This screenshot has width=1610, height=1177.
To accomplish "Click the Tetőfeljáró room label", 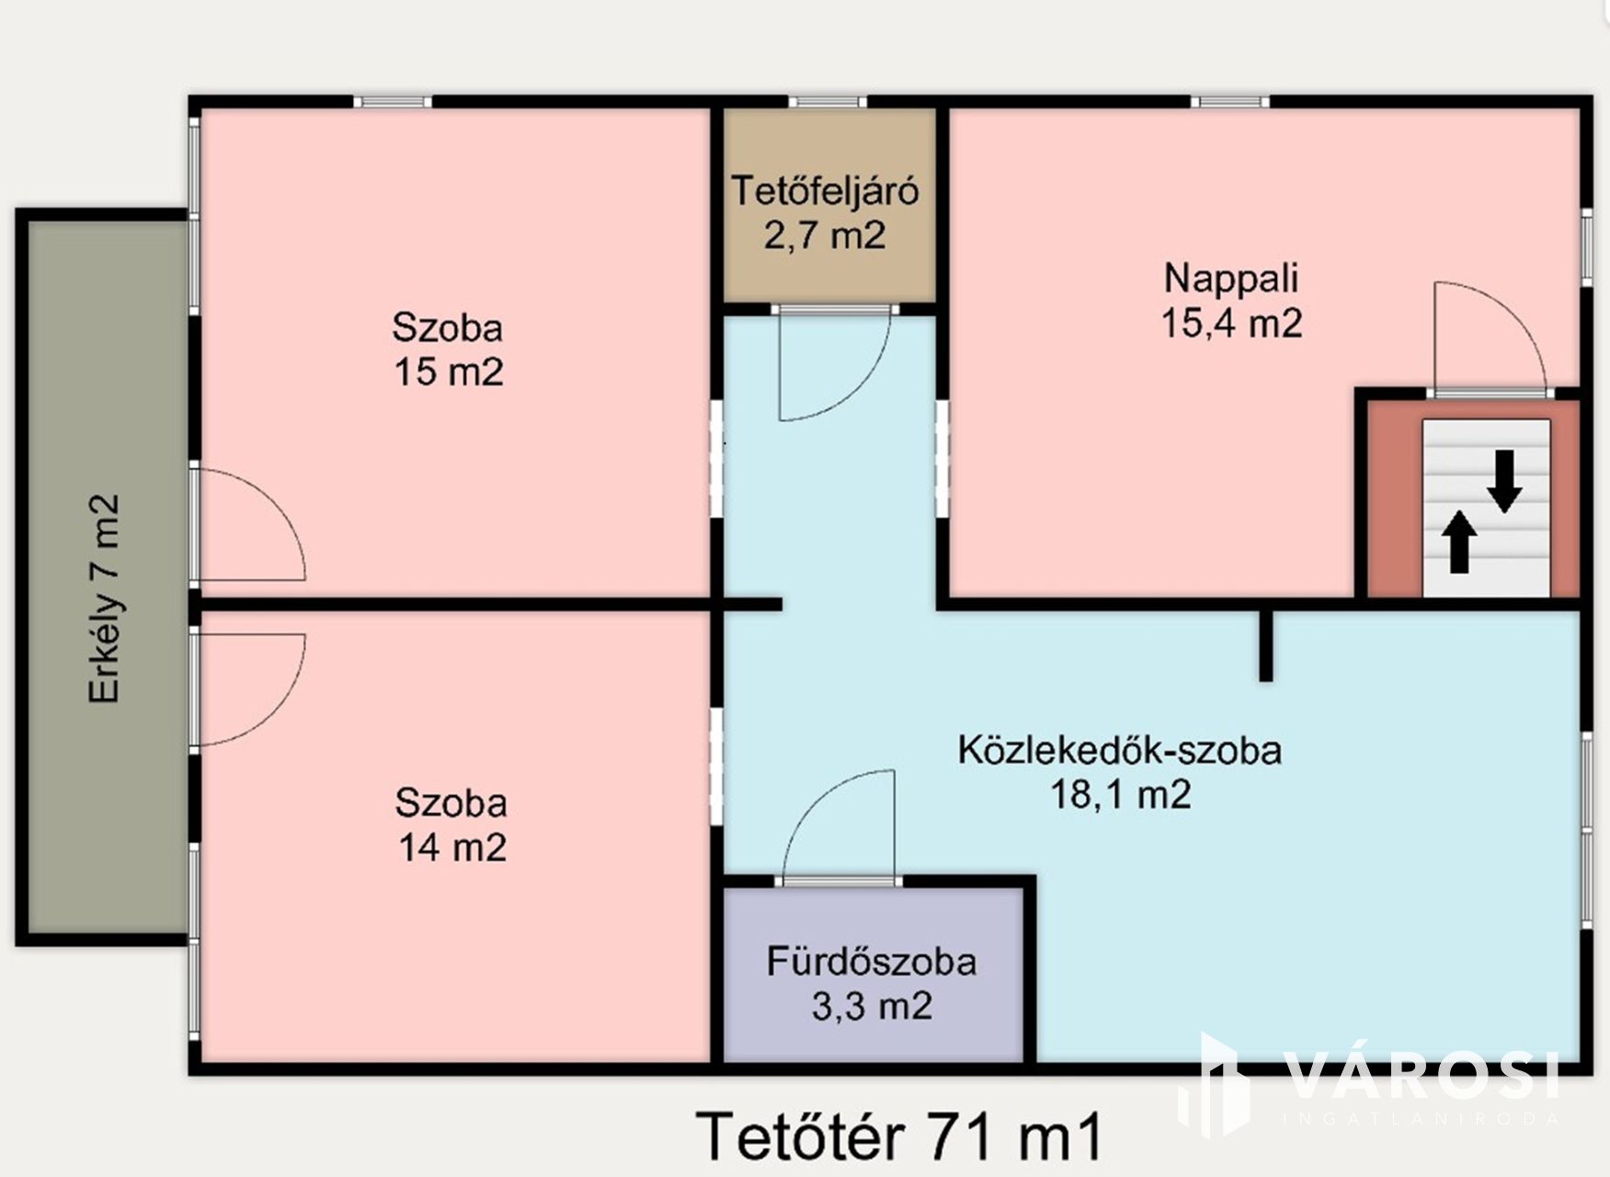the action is (825, 191).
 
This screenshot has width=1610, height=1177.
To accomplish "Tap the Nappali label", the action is (1230, 278).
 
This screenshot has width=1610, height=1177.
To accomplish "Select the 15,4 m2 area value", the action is (1231, 324).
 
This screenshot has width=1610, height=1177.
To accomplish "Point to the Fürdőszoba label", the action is (872, 962).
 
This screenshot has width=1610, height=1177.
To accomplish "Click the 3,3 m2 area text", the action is (872, 1006).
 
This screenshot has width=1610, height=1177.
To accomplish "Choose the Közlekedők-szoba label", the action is (1119, 750).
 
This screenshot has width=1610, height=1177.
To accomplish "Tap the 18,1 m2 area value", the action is (1120, 794).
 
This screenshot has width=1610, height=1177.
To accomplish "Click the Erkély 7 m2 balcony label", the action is (104, 600).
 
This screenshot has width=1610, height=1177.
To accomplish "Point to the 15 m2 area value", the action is (449, 372).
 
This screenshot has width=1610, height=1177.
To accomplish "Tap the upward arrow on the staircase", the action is (1458, 542).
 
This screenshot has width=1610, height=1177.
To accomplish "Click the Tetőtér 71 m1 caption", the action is (898, 1137).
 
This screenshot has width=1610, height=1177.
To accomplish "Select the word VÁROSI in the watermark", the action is (1421, 1076).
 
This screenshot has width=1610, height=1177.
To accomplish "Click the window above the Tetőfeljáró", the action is (828, 101).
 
